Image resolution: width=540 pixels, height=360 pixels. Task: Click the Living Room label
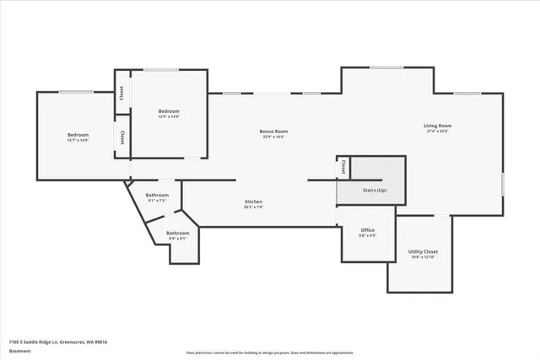(x=438, y=126)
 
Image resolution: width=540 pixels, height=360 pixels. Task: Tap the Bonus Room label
(x=274, y=131)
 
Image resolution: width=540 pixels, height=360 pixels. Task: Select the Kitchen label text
(x=254, y=201)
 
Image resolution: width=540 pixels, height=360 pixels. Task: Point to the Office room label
(x=367, y=230)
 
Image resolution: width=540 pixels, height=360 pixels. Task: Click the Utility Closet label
(x=423, y=251)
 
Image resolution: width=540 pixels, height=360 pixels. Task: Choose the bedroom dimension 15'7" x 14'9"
(x=78, y=140)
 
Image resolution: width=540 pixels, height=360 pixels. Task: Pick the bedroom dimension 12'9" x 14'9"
(x=169, y=116)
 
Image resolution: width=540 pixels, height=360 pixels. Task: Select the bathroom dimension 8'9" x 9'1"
(x=177, y=239)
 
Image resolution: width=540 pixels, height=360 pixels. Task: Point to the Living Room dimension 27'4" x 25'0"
(x=438, y=132)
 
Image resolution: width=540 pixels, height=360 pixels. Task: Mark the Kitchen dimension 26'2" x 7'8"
(x=254, y=207)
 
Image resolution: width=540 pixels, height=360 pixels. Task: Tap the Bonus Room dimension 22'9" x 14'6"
(x=274, y=137)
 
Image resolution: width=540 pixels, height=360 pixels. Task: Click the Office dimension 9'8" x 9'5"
(x=367, y=236)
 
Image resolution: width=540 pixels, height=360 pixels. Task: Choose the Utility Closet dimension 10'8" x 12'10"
(x=423, y=257)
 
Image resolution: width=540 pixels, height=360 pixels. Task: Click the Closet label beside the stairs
(x=343, y=167)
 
